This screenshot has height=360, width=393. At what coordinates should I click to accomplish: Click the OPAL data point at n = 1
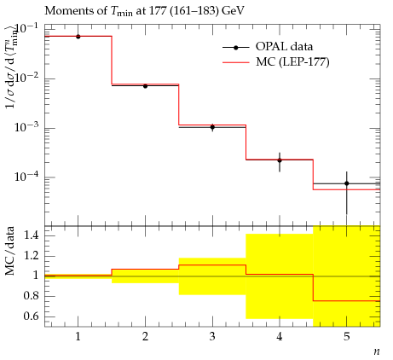78,37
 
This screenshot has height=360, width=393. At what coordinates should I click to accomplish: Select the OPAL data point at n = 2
145,86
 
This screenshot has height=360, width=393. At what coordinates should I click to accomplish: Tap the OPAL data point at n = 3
212,127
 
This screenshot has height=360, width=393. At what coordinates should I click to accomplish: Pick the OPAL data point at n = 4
280,160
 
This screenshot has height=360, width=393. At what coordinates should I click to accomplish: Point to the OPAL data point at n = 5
347,183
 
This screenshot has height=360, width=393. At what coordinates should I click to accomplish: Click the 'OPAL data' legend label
284,46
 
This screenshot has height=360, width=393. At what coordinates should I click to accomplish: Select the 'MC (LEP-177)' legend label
292,61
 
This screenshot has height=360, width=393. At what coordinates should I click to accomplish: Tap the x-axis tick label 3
212,337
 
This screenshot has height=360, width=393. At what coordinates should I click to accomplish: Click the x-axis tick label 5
347,337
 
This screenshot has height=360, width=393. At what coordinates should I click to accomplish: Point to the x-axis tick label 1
78,337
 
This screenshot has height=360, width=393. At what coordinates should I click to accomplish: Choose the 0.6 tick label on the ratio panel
31,316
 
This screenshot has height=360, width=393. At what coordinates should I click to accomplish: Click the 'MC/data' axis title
9,251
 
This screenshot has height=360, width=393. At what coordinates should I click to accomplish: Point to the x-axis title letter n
377,351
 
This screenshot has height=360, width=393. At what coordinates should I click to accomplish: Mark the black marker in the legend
235,48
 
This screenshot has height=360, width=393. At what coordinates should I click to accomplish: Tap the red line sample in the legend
235,62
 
